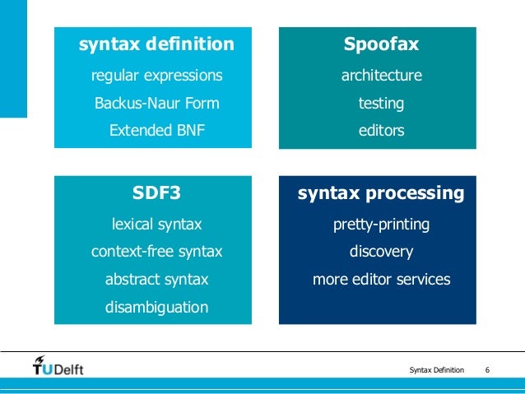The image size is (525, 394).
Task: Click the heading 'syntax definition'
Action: (156, 44)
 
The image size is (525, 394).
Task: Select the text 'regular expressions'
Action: (156, 76)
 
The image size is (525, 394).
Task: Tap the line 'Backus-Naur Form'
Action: (156, 104)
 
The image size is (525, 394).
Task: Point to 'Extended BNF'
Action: (156, 131)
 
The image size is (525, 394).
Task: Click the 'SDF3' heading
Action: (156, 194)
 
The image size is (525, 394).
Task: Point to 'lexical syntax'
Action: (156, 225)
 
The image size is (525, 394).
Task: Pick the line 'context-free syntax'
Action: (156, 252)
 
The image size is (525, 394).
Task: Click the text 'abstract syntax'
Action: (156, 280)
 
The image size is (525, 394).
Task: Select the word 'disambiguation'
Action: (156, 308)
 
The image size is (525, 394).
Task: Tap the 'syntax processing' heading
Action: (381, 194)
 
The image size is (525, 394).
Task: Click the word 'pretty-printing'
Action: (381, 225)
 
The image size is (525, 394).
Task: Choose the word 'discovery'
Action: (381, 252)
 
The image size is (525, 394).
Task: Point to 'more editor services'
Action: (381, 280)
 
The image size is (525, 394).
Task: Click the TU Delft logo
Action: (58, 366)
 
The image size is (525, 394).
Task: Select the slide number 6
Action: (489, 369)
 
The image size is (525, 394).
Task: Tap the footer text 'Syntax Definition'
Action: (436, 369)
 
